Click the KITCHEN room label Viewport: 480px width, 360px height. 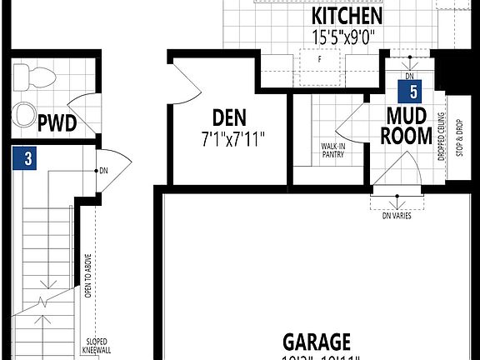coord(347,16)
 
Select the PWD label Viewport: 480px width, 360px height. coord(57,125)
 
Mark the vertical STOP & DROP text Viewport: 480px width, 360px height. coord(457,137)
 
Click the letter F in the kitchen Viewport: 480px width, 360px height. coord(319,60)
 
